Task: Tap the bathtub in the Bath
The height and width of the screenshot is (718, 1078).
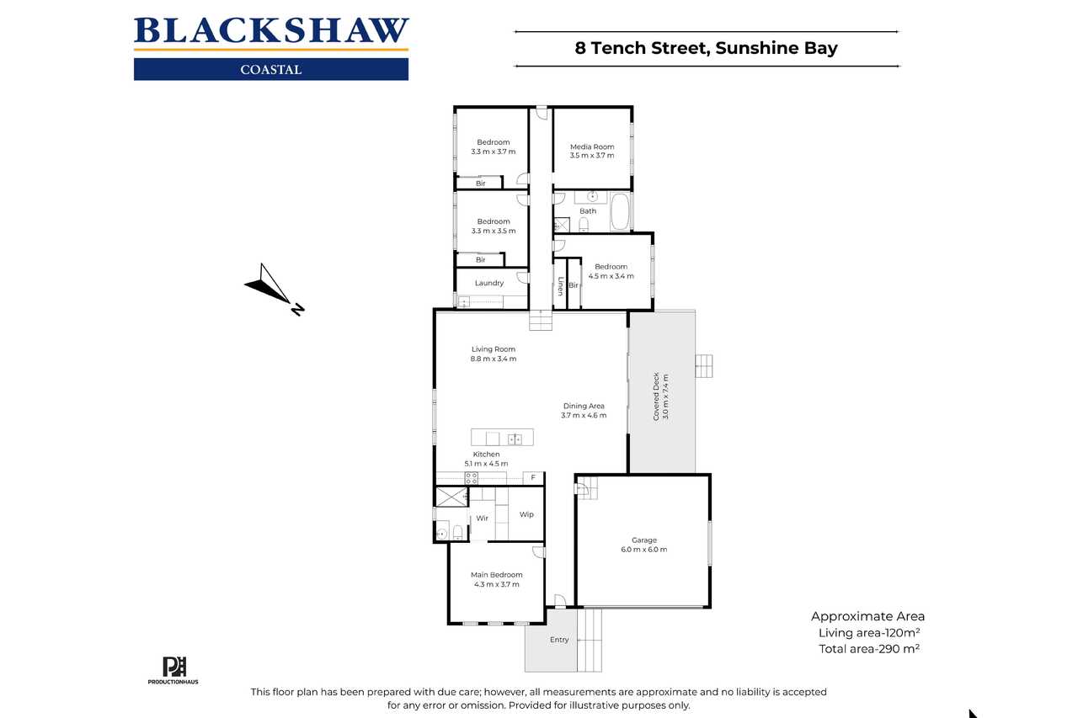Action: pos(620,212)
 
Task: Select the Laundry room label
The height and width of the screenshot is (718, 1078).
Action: pos(489,284)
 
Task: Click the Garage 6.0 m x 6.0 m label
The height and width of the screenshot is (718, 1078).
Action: pos(644,545)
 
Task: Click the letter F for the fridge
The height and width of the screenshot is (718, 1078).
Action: pos(533,477)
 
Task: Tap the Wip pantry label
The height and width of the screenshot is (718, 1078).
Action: pos(526,514)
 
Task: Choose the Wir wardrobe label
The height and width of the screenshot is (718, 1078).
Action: pos(482,518)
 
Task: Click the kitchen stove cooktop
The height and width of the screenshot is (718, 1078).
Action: pos(471,478)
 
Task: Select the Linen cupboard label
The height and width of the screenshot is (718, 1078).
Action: pos(560,285)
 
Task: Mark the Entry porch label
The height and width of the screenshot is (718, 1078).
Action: pos(559,640)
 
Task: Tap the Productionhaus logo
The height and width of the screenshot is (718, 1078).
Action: pos(173,670)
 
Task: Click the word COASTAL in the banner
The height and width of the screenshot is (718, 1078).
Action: pos(271,70)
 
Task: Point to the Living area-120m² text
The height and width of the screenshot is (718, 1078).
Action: pos(869,633)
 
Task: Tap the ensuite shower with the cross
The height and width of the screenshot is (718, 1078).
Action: pos(451,497)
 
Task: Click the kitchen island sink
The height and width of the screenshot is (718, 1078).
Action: pos(515,439)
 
